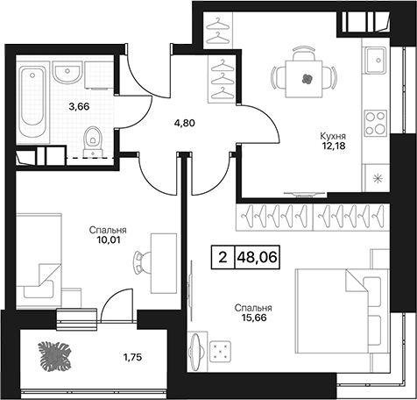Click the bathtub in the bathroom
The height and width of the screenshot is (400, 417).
pyautogui.click(x=33, y=101)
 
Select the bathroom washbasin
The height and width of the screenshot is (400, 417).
pyautogui.click(x=67, y=74)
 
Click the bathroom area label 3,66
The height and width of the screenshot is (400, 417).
pyautogui.click(x=79, y=107)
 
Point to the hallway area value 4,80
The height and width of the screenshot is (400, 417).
pyautogui.click(x=184, y=123)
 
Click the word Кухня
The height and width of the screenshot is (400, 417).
pyautogui.click(x=333, y=136)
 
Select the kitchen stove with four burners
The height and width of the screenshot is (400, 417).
pyautogui.click(x=376, y=124)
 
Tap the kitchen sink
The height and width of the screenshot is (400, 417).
pyautogui.click(x=375, y=61)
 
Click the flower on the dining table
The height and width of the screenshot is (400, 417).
pyautogui.click(x=307, y=78)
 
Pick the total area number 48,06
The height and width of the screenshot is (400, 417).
pyautogui.click(x=257, y=257)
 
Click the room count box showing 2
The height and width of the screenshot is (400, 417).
pyautogui.click(x=223, y=257)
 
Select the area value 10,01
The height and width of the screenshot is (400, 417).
pyautogui.click(x=108, y=240)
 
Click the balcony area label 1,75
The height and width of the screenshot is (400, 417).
pyautogui.click(x=132, y=357)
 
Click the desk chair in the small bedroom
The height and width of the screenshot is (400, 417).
pyautogui.click(x=143, y=261)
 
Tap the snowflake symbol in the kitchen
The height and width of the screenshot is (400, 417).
pyautogui.click(x=378, y=178)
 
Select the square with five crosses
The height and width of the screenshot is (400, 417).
pyautogui.click(x=221, y=350)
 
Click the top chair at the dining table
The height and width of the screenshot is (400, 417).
pyautogui.click(x=304, y=54)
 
